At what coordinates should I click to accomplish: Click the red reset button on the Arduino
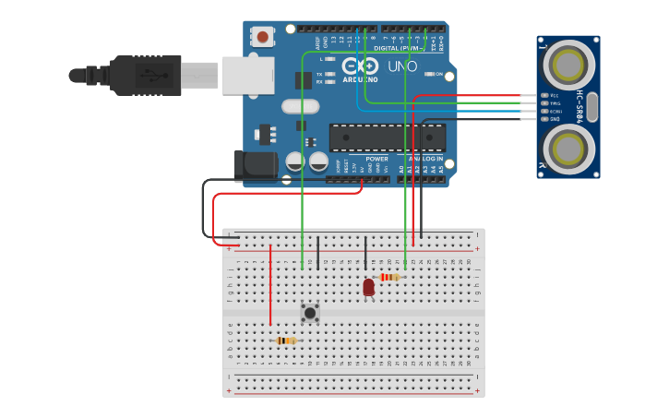coord(263,37)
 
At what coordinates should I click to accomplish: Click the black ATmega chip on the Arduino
coord(388,137)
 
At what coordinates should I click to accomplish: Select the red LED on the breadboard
coord(368,287)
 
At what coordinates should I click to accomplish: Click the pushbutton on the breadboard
coord(310,313)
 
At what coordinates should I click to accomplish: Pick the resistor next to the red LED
coord(389,277)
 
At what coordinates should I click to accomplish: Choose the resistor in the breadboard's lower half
coord(286,340)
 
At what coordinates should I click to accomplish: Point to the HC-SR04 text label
coord(579,106)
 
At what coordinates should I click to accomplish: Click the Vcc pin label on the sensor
coord(555,96)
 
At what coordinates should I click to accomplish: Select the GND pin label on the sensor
coord(555,119)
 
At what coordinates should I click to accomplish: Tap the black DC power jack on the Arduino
coord(255,166)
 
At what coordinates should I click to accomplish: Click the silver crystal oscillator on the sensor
coord(591,107)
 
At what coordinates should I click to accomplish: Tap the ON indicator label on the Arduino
coord(439,75)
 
